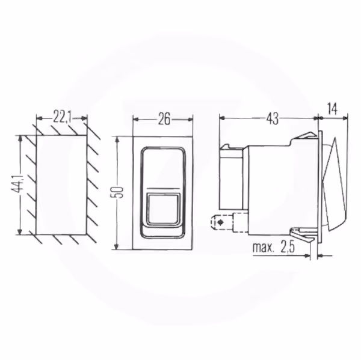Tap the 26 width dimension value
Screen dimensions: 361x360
pyautogui.click(x=164, y=118)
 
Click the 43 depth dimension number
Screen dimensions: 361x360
pyautogui.click(x=273, y=118)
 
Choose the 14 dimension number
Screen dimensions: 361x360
pyautogui.click(x=332, y=109)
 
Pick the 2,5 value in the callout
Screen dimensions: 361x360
pyautogui.click(x=288, y=247)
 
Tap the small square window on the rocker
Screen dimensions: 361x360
pyautogui.click(x=163, y=209)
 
